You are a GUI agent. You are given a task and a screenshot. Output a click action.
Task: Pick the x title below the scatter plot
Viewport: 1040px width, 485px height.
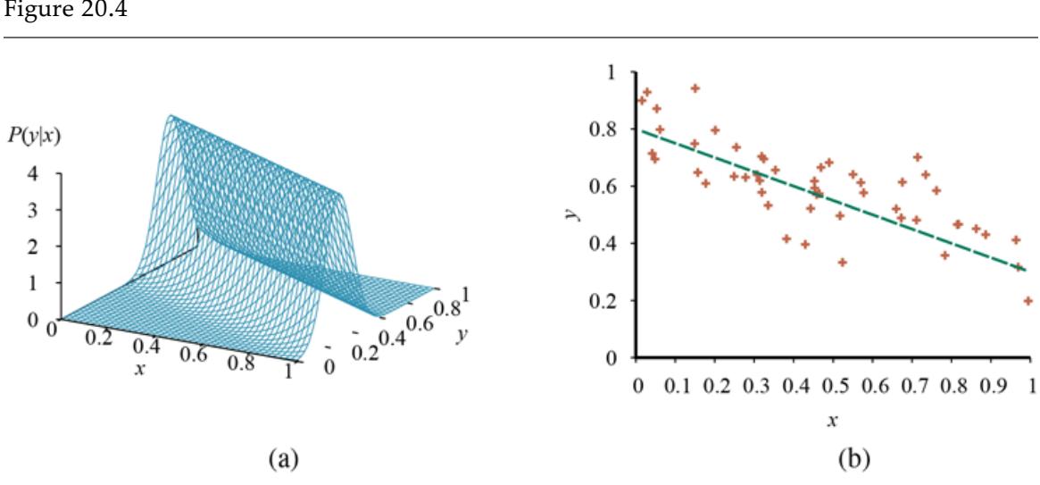pyautogui.click(x=831, y=417)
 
